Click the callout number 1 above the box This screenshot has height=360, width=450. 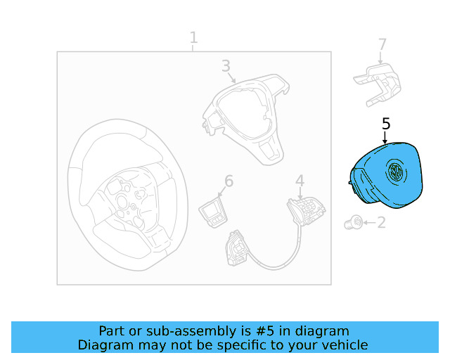[x=194, y=37]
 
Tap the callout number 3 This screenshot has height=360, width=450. [x=226, y=65]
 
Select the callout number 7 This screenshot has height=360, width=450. [x=382, y=44]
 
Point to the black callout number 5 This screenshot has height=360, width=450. [x=386, y=124]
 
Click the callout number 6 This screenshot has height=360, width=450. [x=229, y=181]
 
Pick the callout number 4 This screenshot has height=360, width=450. [x=300, y=181]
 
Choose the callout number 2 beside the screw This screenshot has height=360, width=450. [x=381, y=222]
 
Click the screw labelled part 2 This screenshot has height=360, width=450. [x=353, y=222]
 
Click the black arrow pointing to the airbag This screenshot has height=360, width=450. [x=385, y=137]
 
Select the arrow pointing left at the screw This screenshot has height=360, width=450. [x=369, y=222]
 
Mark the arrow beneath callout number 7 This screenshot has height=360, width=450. [x=380, y=58]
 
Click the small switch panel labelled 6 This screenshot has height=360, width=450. [x=213, y=213]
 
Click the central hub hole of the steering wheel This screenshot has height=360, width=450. [x=122, y=202]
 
